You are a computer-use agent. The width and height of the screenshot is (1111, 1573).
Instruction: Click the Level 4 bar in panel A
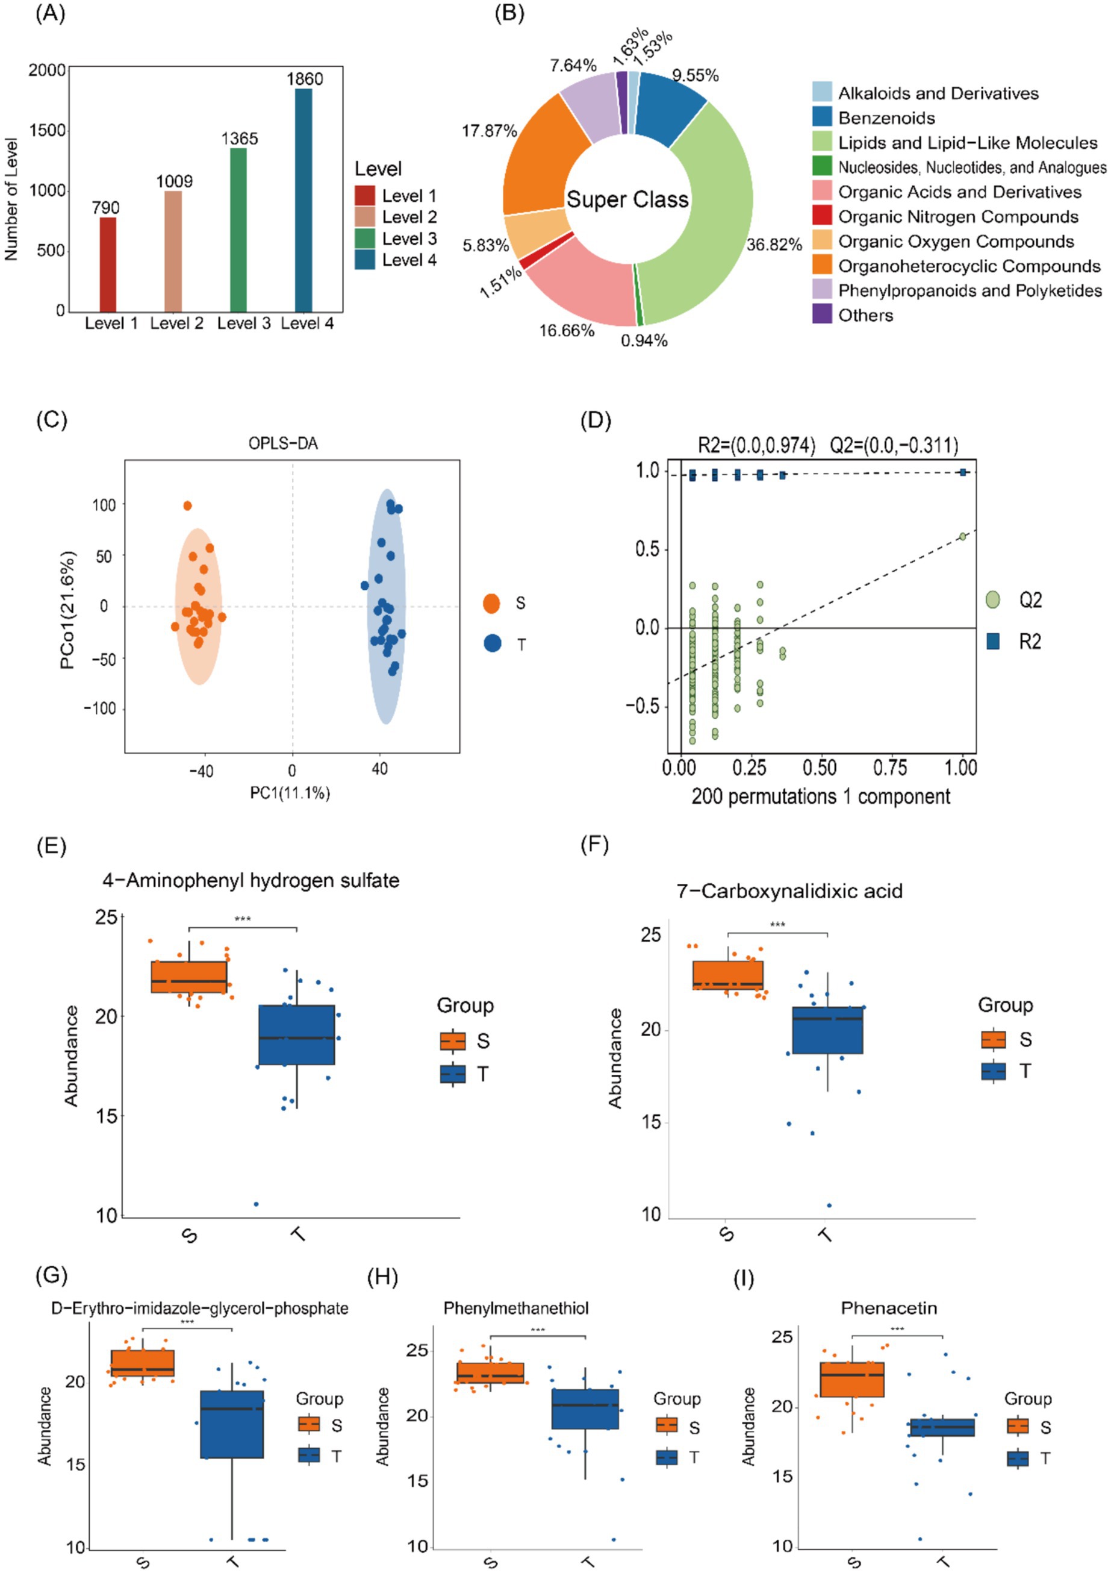tap(303, 199)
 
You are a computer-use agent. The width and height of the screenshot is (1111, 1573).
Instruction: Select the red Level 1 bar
tap(108, 264)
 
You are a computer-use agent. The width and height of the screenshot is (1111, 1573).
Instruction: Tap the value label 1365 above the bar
tap(239, 139)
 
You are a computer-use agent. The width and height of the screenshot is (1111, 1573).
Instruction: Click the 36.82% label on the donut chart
tap(773, 245)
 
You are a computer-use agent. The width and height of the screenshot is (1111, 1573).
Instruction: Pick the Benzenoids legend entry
tap(886, 118)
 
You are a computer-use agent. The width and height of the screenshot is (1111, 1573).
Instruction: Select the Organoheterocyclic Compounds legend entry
tap(968, 266)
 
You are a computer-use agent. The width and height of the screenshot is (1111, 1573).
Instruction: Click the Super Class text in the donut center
tap(627, 199)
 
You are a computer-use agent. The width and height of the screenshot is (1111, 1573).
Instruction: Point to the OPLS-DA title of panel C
tap(283, 444)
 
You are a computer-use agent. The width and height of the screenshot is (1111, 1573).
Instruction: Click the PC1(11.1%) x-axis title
tap(290, 793)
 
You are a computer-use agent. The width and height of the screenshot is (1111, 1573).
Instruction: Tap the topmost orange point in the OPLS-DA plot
tap(187, 505)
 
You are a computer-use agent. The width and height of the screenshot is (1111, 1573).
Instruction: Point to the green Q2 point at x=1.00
tap(962, 536)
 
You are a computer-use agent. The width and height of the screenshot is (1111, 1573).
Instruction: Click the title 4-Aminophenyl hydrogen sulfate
tap(251, 880)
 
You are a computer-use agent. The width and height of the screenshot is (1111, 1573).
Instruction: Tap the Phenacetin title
tap(888, 1308)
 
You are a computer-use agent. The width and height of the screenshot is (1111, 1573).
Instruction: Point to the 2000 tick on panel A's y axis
tap(46, 70)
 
